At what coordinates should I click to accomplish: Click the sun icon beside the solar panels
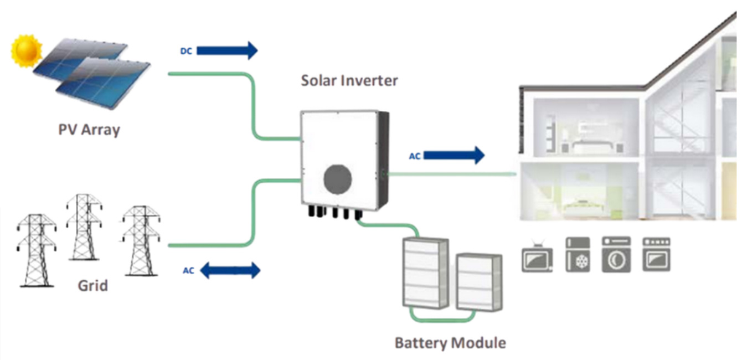tap(27, 50)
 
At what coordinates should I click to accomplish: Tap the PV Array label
tap(89, 130)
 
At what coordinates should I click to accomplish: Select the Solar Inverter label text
tap(349, 80)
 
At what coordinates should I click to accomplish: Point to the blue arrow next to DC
tap(227, 50)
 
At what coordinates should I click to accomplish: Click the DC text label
tap(185, 50)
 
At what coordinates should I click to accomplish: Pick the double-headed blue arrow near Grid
tap(229, 271)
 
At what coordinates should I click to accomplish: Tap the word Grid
tap(92, 286)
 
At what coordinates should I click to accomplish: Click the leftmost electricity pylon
tap(37, 249)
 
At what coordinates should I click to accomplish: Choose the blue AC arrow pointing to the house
tap(454, 156)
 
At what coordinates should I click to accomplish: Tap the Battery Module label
tap(450, 343)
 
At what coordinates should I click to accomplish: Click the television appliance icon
tap(537, 258)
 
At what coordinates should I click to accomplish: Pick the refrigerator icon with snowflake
tap(578, 255)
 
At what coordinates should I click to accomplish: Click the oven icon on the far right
tap(656, 254)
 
